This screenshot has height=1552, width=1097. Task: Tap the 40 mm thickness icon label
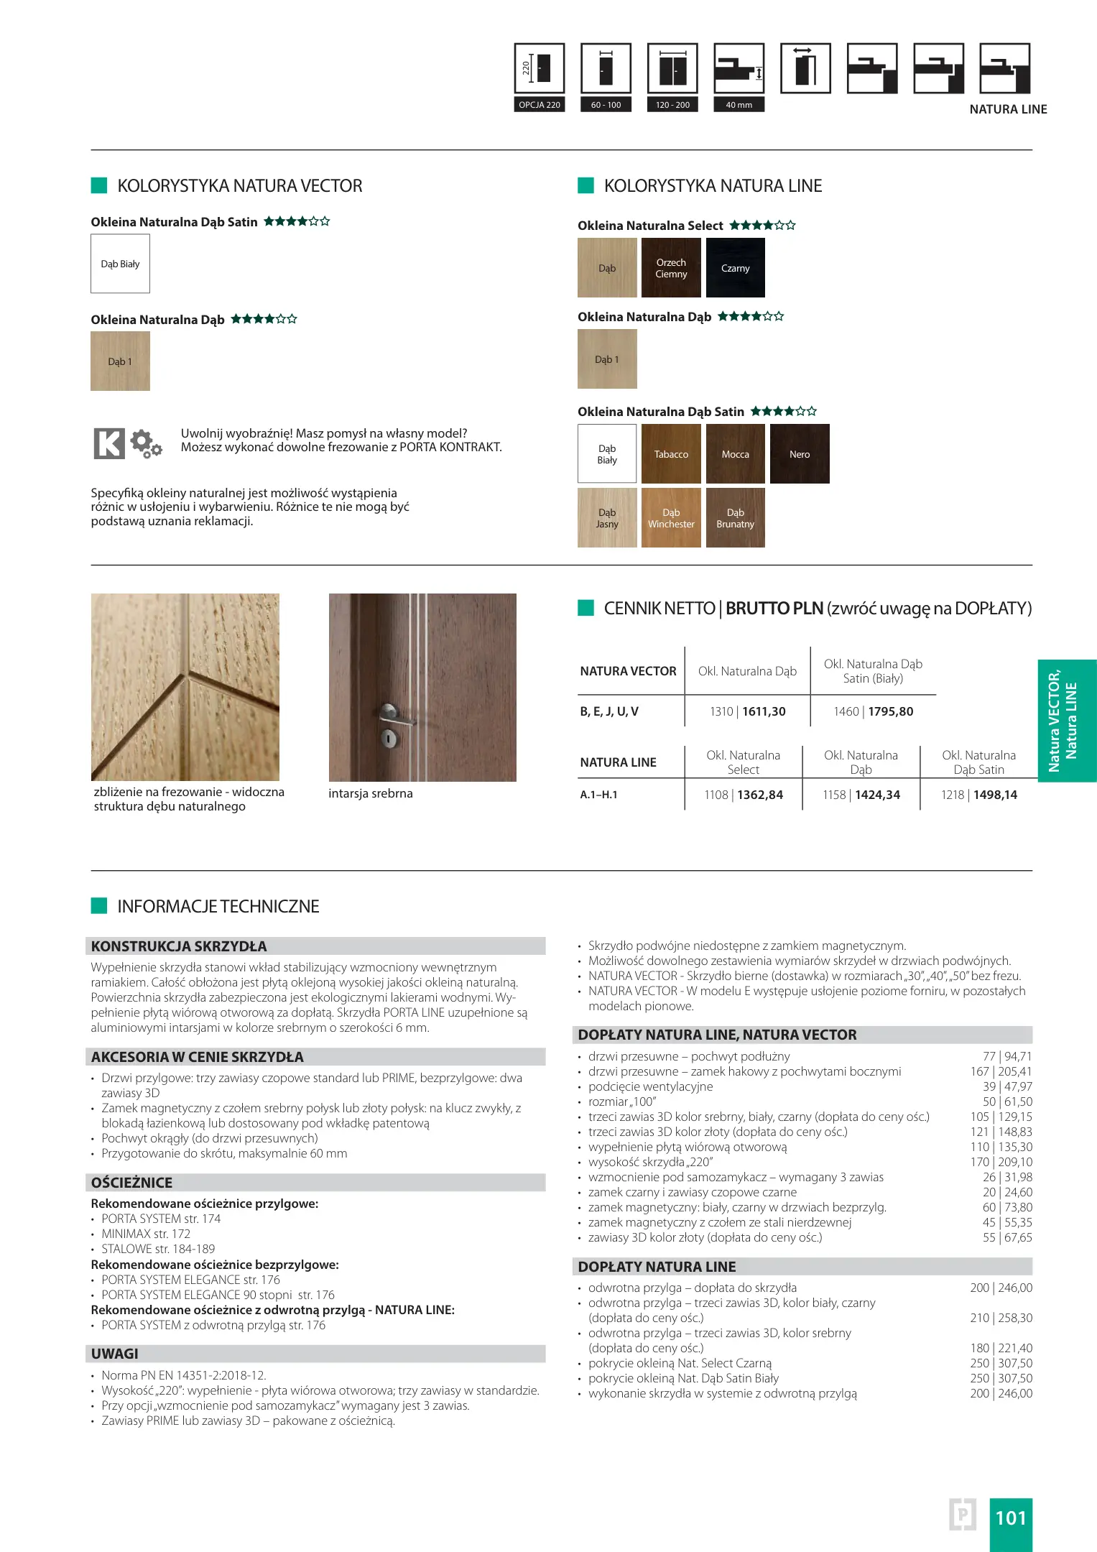pos(739,105)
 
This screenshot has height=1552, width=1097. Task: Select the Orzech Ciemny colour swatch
pos(671,268)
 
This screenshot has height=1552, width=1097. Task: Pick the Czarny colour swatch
pos(735,268)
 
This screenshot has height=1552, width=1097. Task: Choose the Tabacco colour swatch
pos(671,453)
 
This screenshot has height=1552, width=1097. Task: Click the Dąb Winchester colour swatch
pos(671,518)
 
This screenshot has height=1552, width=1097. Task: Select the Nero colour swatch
pos(800,453)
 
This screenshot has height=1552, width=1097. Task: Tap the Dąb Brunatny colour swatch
pos(735,518)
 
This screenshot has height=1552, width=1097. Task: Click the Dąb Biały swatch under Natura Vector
pos(120,264)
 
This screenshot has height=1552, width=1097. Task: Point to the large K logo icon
pos(109,443)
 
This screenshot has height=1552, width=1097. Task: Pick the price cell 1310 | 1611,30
pos(747,711)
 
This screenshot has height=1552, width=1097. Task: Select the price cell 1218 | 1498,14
pos(978,795)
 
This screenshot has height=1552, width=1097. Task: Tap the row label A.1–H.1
pos(599,795)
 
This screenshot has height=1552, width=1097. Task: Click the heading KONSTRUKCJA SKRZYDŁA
pos(179,946)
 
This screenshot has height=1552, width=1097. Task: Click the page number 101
pos(1010,1518)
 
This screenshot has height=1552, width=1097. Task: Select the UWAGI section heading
pos(115,1354)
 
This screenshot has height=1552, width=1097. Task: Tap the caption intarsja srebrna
pos(371,793)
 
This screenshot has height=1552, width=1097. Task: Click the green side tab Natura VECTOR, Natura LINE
pos(1066,721)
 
